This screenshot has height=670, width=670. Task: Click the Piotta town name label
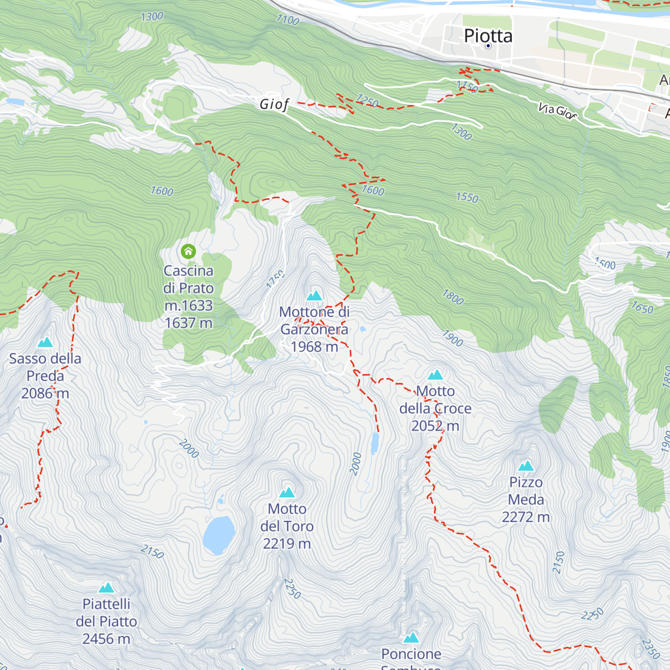click(488, 36)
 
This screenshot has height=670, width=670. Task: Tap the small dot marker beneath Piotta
click(488, 46)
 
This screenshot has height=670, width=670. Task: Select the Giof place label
click(274, 104)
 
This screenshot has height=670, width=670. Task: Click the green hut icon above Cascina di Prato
click(189, 251)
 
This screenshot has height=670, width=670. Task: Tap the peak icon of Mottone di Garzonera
click(314, 295)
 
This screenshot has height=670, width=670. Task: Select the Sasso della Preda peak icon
click(45, 342)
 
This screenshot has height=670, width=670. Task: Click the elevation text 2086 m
click(45, 394)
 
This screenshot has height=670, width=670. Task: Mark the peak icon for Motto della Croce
click(435, 375)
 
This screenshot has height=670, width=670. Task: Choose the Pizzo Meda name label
click(525, 491)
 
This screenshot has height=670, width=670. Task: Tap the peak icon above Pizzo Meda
click(525, 466)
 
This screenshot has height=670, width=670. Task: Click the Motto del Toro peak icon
click(287, 492)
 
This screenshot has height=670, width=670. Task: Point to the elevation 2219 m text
click(287, 543)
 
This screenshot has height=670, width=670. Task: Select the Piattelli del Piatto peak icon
click(107, 587)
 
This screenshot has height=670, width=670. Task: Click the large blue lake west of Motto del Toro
click(218, 534)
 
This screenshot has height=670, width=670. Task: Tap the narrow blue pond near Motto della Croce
click(375, 443)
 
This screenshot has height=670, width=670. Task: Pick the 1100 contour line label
click(288, 20)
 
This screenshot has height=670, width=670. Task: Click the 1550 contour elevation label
click(467, 198)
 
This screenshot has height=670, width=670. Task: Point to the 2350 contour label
click(650, 649)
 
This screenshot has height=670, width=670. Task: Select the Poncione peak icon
click(411, 638)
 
